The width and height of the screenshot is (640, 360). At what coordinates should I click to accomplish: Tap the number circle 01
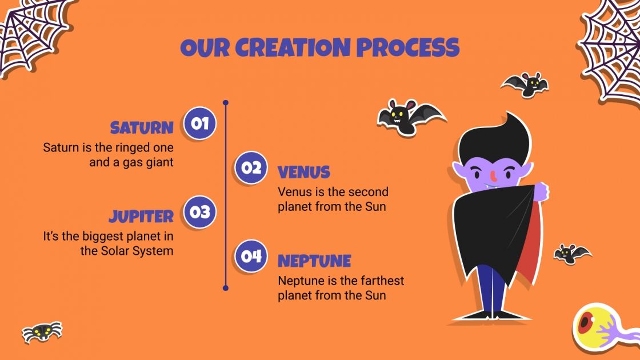tap(199, 123)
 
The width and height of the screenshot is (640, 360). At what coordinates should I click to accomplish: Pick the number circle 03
tap(199, 212)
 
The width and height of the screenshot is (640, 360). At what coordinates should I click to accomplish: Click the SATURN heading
tap(142, 127)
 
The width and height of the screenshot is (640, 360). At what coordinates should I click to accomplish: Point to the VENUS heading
tap(304, 172)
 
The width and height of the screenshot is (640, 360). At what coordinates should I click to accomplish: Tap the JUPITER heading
tap(141, 217)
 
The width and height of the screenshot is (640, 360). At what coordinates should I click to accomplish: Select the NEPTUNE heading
tap(314, 261)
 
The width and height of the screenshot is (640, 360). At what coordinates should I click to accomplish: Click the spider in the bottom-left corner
tap(42, 331)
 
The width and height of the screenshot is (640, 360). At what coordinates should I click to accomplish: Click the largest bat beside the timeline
tap(409, 118)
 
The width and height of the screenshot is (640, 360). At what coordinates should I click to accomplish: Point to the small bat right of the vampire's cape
tap(571, 253)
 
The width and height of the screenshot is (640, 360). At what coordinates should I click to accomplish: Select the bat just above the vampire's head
tap(525, 85)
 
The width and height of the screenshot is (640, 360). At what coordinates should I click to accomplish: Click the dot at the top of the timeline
tap(226, 103)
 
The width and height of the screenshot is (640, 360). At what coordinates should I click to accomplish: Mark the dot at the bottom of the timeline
tap(226, 288)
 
